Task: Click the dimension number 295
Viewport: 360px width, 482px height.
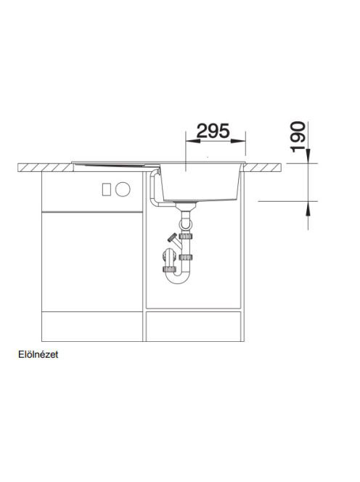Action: (213, 131)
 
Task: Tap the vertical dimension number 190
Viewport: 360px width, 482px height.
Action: (298, 136)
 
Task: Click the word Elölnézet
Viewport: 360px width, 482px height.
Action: (38, 354)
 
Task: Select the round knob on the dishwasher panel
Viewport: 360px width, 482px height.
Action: (123, 189)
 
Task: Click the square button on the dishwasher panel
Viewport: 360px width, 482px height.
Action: (107, 189)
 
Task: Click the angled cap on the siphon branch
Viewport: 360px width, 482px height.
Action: (171, 237)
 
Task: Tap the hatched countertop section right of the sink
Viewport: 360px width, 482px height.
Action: (263, 167)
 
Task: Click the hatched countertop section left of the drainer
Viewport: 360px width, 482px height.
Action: (46, 168)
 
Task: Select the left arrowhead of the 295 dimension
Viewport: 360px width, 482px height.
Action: (193, 141)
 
